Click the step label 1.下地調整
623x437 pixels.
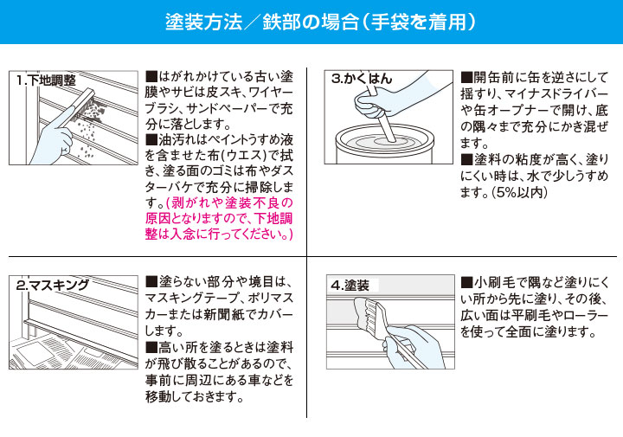click(x=46, y=80)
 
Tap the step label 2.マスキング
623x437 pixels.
click(x=53, y=285)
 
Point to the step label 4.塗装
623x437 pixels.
click(x=350, y=285)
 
